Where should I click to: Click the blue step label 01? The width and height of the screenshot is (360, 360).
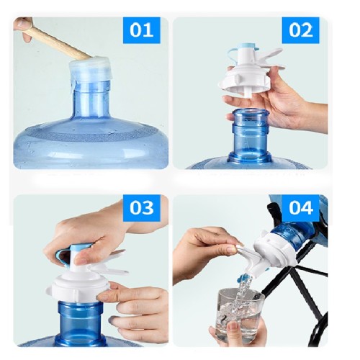click(141, 30)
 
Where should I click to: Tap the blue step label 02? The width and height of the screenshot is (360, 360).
click(300, 30)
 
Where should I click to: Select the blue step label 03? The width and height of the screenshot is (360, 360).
click(141, 208)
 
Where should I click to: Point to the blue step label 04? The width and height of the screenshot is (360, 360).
click(301, 208)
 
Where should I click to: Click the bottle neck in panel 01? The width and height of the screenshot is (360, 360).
click(91, 101)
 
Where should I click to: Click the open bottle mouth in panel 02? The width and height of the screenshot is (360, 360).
click(251, 113)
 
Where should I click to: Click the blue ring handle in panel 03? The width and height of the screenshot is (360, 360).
click(63, 254)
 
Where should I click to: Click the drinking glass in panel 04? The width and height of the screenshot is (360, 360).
click(240, 315)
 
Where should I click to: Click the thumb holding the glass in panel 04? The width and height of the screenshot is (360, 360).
click(233, 329)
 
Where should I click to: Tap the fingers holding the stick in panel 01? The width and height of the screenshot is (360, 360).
click(23, 29)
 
